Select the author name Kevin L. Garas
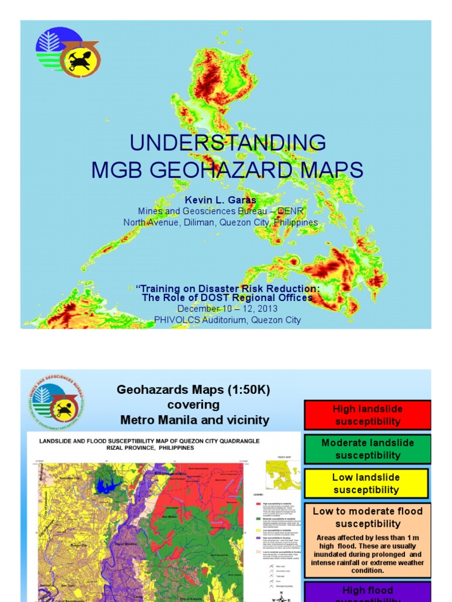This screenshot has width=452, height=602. [x=227, y=200]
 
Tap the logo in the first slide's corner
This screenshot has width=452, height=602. [x=68, y=52]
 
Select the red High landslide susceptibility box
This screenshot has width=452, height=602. [x=367, y=415]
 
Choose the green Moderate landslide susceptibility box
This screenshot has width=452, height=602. [x=367, y=449]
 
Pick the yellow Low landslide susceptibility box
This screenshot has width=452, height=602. [x=366, y=483]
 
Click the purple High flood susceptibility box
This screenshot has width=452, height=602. [x=367, y=593]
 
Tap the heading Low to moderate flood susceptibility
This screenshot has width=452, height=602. [x=367, y=517]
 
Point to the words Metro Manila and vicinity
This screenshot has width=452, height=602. [x=194, y=420]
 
